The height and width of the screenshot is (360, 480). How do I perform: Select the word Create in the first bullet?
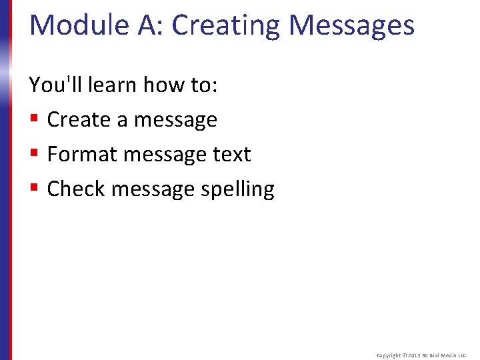coord(79,120)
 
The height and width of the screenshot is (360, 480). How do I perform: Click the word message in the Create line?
coord(175,120)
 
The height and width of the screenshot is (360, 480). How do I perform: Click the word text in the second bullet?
coord(231,155)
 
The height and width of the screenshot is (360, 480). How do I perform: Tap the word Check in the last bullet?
coord(76,189)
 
